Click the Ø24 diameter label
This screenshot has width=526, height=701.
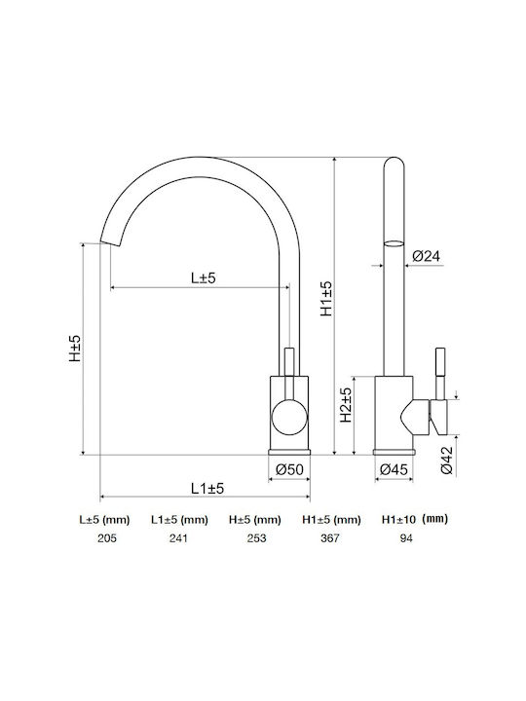[x=427, y=256]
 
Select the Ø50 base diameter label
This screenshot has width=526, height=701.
[x=289, y=469]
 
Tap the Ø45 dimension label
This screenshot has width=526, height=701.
[x=394, y=469]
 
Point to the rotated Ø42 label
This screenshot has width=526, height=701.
[x=447, y=460]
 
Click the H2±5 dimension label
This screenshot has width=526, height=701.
[x=346, y=405]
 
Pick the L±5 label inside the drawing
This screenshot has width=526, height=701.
[x=204, y=278]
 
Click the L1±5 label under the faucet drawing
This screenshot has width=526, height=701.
[x=207, y=489]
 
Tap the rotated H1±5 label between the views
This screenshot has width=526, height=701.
[x=326, y=299]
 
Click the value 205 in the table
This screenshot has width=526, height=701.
[x=107, y=538]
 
